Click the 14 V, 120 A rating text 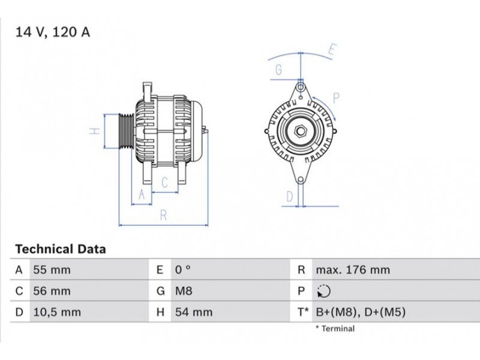(x=53, y=32)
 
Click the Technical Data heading (x=61, y=249)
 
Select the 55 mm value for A (x=52, y=270)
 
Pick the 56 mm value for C (x=52, y=291)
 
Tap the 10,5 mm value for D (x=57, y=312)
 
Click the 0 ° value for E (x=183, y=270)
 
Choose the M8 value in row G (x=184, y=291)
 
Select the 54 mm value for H (x=194, y=312)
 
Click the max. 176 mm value (x=353, y=270)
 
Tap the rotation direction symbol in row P (x=324, y=291)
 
